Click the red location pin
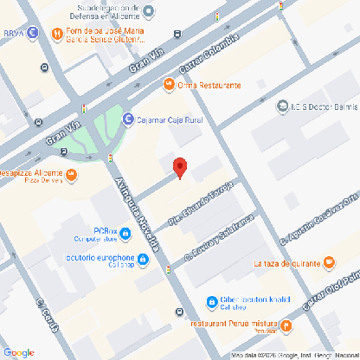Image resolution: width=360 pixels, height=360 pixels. coord(180,167)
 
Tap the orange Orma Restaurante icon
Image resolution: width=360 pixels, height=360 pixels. coord(169,85)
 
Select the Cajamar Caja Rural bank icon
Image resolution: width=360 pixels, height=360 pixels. coord(128,119)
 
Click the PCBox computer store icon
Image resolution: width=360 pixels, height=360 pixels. coord(125,233)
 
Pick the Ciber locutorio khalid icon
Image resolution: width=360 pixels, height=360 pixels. coord(212,302)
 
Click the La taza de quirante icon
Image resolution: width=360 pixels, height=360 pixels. coord(328,263)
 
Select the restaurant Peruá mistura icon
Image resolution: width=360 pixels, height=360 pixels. coord(286,326)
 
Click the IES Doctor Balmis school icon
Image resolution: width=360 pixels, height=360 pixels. coord(282,106)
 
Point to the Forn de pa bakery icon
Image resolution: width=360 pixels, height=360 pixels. coord(56,34)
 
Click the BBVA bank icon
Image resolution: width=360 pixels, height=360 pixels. coord(32,34)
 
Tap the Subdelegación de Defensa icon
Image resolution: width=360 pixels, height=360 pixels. coord(148,11)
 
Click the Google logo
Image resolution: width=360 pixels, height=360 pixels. coord(18,351)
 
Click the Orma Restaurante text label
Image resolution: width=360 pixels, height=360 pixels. coord(209,85)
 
